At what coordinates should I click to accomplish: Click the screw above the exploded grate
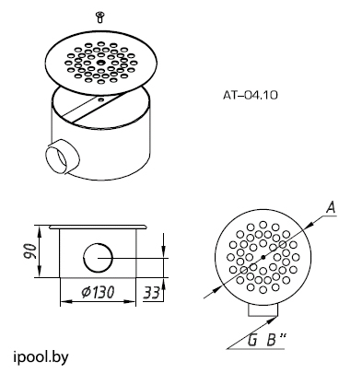click(x=99, y=17)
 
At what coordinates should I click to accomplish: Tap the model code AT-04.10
click(x=251, y=95)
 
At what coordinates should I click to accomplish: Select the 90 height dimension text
click(x=30, y=251)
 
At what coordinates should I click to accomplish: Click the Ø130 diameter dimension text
click(x=98, y=292)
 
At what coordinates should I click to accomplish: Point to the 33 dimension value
click(x=152, y=293)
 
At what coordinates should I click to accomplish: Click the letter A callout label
click(x=331, y=208)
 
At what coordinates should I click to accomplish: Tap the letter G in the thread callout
click(x=252, y=340)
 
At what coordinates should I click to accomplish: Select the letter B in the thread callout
click(x=271, y=340)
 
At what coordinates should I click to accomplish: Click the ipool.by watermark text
click(x=41, y=357)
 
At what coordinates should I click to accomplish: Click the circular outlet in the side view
click(x=99, y=258)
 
